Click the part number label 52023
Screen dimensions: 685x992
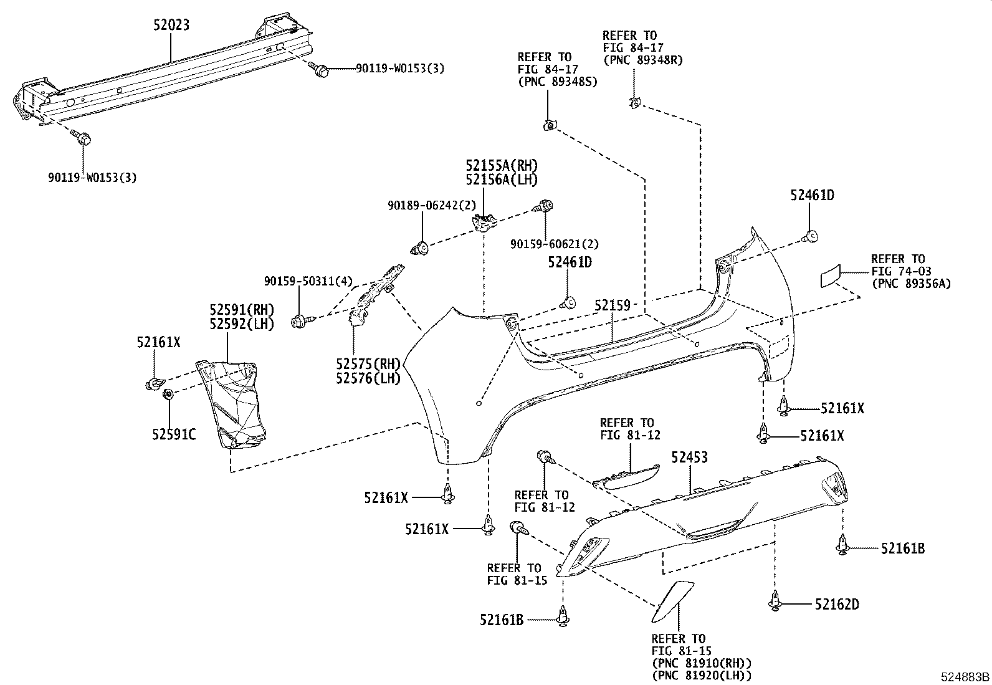click(172, 25)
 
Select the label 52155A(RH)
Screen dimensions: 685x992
click(501, 166)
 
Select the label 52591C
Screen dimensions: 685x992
click(174, 434)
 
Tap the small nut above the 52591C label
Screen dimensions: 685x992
click(168, 395)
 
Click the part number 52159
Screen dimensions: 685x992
click(613, 306)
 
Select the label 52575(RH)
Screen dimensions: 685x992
click(368, 364)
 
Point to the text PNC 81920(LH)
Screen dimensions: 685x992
click(702, 675)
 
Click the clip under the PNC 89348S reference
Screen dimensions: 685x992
click(549, 127)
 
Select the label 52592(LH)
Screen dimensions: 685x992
click(241, 324)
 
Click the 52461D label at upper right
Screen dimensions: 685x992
click(812, 195)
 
